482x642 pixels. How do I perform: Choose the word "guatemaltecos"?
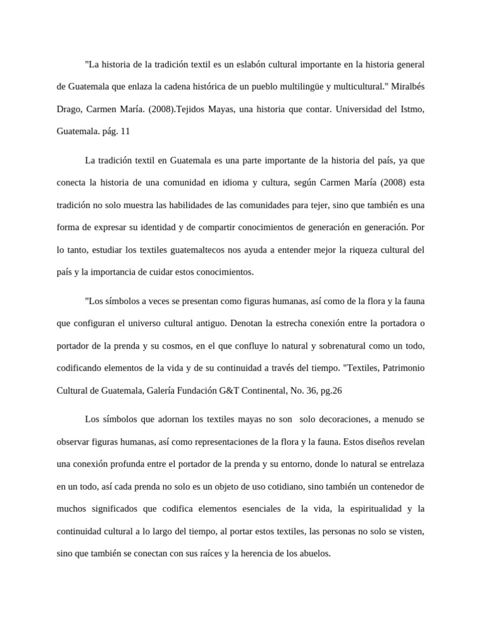coord(164,250)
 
